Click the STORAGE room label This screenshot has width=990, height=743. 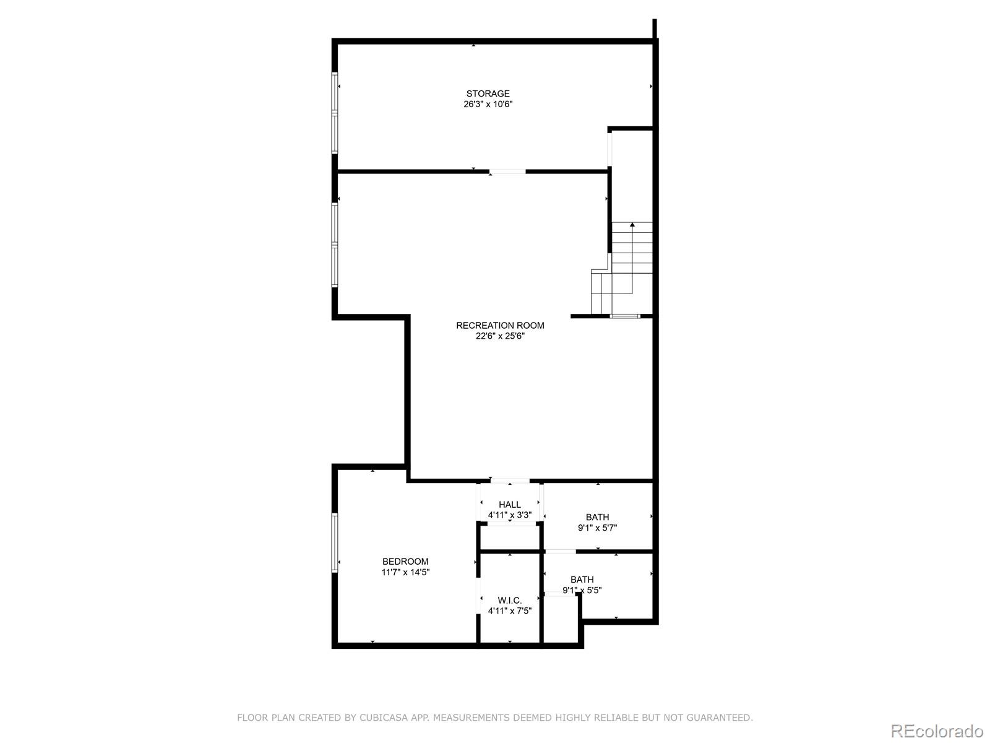488,94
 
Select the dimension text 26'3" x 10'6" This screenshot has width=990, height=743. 488,105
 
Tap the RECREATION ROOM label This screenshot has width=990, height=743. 500,326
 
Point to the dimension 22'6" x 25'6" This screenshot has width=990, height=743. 500,336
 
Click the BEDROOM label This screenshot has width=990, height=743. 405,562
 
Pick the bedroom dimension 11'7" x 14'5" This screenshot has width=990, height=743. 405,573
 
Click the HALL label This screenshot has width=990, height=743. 509,505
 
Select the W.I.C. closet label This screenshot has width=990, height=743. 509,601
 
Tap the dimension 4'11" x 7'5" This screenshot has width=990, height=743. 509,611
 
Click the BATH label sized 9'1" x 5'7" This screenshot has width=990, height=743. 597,517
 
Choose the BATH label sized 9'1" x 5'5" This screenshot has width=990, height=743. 582,580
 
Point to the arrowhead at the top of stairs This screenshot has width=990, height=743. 632,225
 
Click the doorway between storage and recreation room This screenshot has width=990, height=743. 507,172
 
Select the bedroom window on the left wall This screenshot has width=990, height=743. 335,542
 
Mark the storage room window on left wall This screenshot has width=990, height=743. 335,113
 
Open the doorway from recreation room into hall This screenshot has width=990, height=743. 510,480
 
